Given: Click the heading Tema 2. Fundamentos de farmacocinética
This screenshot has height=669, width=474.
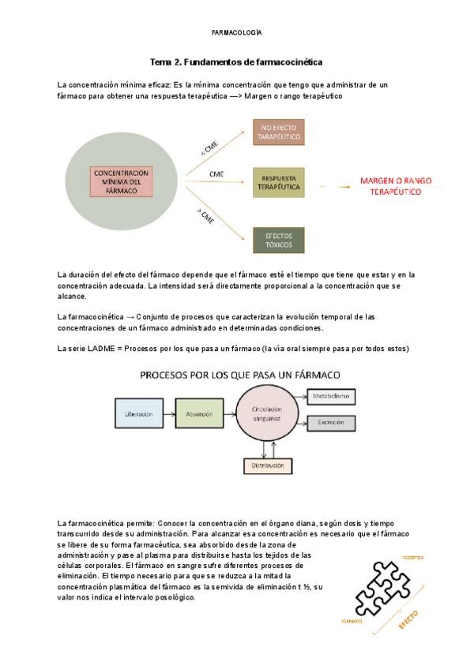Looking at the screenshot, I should point(237,61).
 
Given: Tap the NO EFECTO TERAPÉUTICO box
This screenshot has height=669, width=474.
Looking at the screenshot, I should point(278,133).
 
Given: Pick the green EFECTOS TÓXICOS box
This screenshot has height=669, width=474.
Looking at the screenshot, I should point(278,239).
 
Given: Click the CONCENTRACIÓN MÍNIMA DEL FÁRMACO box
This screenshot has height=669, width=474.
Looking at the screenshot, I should point(121,182).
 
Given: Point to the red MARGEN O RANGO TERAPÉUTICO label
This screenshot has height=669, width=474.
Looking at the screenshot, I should point(391,186).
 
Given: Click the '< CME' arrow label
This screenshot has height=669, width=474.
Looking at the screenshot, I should point(210,148).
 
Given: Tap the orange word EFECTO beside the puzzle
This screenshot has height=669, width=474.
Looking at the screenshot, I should point(408,617).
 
